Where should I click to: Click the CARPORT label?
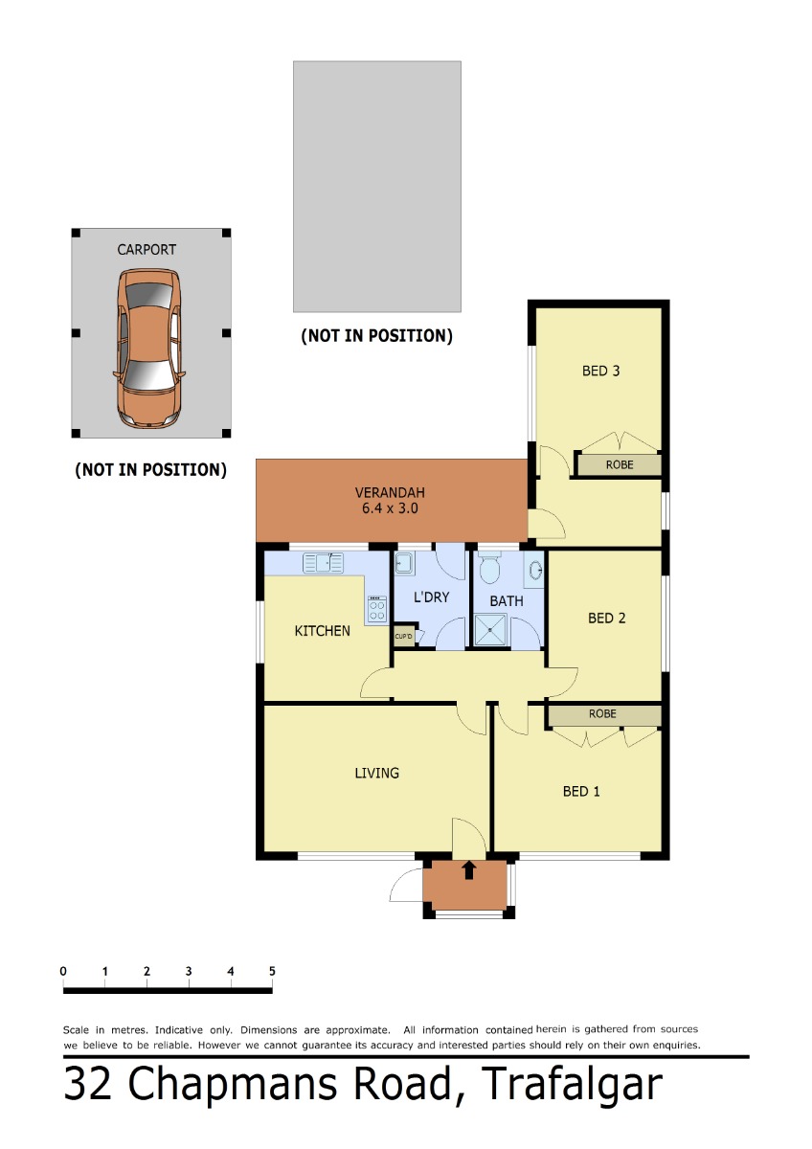coord(147,250)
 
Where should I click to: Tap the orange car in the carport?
coord(148,349)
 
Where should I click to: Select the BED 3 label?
coord(600,371)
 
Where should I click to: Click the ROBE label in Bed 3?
coord(620,464)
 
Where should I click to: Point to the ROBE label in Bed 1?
coord(602,713)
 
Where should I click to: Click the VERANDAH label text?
coord(390,493)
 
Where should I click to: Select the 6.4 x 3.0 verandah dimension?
coord(390,508)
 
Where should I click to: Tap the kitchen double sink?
coord(323,563)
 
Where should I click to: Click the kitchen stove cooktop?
coord(377,609)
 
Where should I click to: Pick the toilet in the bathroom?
coord(489,567)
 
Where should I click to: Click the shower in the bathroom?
coord(490,629)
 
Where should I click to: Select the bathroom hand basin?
coord(535,570)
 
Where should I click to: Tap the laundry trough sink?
coord(404,563)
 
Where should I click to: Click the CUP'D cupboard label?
coord(403,636)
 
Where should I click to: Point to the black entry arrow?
coord(469,870)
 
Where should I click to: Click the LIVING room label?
coord(376,773)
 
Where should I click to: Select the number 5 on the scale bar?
coord(272,971)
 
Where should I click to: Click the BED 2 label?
coord(606,619)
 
